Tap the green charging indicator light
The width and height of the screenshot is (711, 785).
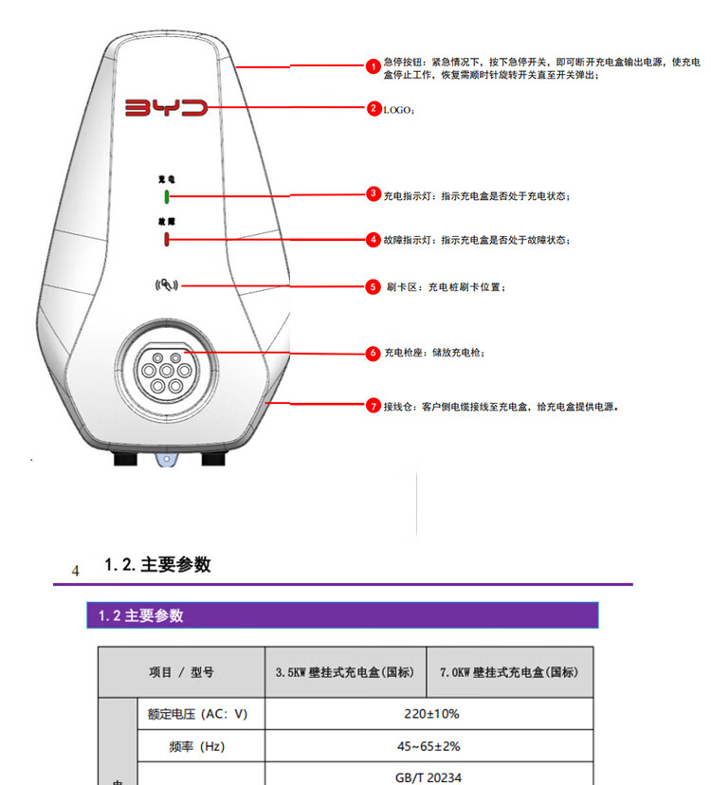[x=166, y=196]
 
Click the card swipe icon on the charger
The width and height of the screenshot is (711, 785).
[x=166, y=284]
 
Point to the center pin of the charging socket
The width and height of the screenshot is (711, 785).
[x=166, y=368]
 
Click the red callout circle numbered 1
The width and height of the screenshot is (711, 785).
[x=374, y=65]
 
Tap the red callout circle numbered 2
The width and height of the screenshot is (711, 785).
[x=374, y=108]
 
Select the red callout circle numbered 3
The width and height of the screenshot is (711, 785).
[x=374, y=194]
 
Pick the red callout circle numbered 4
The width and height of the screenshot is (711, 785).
[x=374, y=240]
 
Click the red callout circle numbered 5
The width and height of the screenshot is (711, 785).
[x=374, y=285]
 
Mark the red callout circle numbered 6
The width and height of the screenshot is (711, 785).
[x=374, y=353]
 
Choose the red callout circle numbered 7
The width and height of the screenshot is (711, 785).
[x=374, y=405]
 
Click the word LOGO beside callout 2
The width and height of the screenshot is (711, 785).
[x=397, y=110]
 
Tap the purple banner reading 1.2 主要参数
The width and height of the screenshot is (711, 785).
[x=342, y=615]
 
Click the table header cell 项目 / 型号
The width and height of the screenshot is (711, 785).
[x=181, y=672]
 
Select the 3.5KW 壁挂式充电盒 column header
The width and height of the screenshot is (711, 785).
[x=345, y=672]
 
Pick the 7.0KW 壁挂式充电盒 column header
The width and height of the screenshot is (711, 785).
[x=509, y=672]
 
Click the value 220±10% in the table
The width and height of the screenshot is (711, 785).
[x=428, y=714]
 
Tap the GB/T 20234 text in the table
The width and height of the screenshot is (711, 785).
[x=428, y=777]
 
